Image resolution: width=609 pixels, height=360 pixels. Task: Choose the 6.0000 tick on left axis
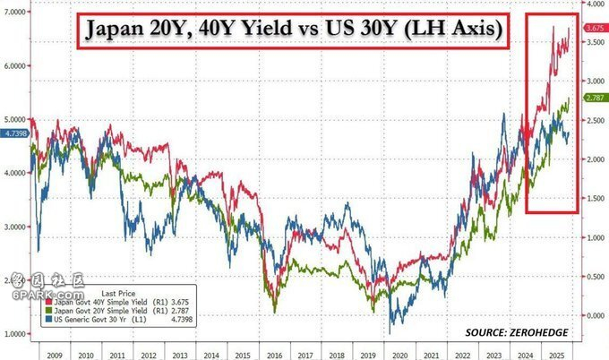[x=14, y=65]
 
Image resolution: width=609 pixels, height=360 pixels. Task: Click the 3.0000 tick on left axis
[x=14, y=227]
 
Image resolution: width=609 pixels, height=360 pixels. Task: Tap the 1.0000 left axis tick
[x=14, y=333]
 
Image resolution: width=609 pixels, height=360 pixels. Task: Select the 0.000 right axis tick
[x=592, y=315]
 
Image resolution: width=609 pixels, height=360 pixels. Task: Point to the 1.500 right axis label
[x=592, y=199]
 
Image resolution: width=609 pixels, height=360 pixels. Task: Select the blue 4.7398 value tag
[x=15, y=133]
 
